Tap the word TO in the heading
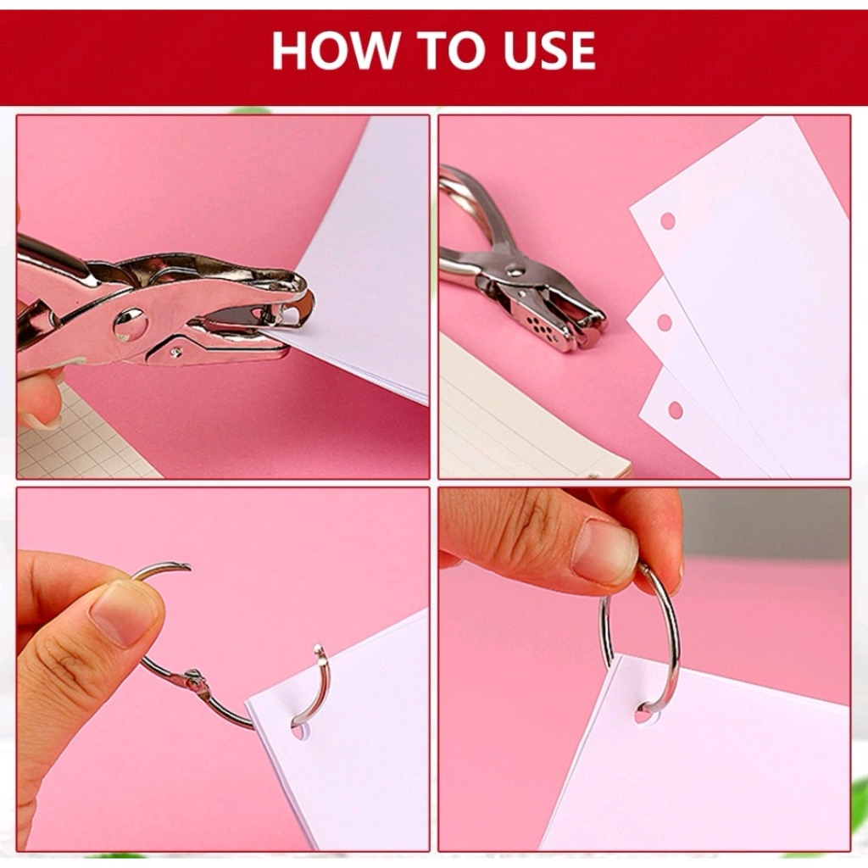click(x=449, y=50)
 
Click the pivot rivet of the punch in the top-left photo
click(x=131, y=325)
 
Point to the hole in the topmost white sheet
click(x=668, y=221)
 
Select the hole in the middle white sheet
click(x=665, y=322)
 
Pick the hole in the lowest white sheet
click(x=676, y=410)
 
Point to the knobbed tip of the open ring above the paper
click(x=320, y=650)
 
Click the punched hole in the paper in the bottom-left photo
click(x=299, y=730)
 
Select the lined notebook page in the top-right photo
click(x=526, y=420)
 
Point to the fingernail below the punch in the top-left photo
click(x=40, y=420)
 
